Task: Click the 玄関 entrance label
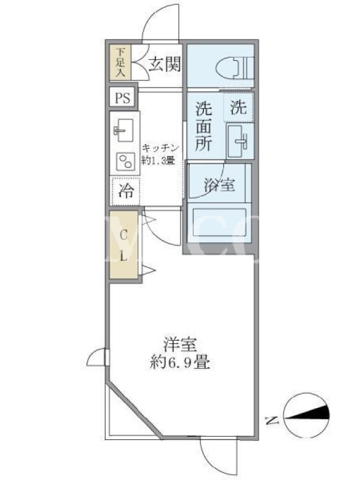[164, 64]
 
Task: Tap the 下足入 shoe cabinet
[121, 63]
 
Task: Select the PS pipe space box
[122, 98]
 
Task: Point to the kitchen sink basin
[124, 130]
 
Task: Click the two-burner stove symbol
[126, 161]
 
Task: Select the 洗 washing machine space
[238, 107]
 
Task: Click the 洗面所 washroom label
[203, 126]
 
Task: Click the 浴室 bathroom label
[220, 185]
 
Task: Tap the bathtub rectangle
[219, 223]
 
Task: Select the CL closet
[124, 245]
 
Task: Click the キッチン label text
[160, 148]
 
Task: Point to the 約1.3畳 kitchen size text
[158, 160]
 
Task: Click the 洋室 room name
[180, 344]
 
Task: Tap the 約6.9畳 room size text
[180, 363]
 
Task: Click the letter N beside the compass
[272, 421]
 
